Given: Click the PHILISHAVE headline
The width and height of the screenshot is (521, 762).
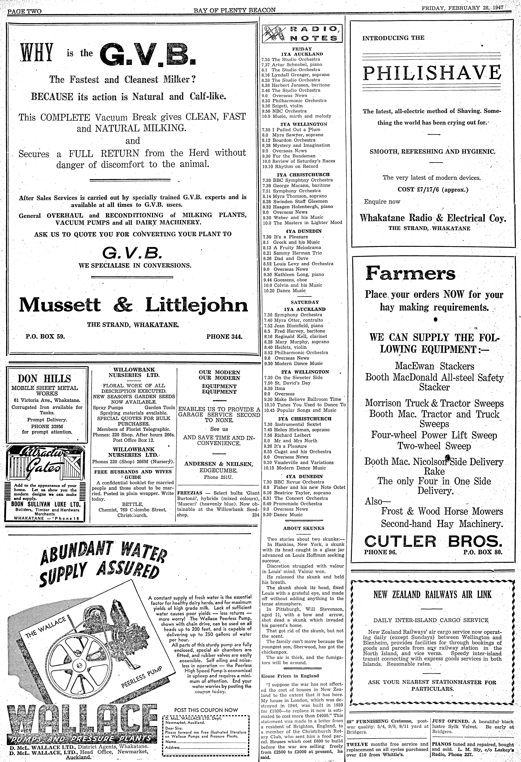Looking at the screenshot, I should [432, 73].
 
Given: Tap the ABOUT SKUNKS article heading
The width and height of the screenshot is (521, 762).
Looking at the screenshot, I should [303, 528].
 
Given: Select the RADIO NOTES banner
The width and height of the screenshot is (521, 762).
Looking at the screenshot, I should [303, 33].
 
